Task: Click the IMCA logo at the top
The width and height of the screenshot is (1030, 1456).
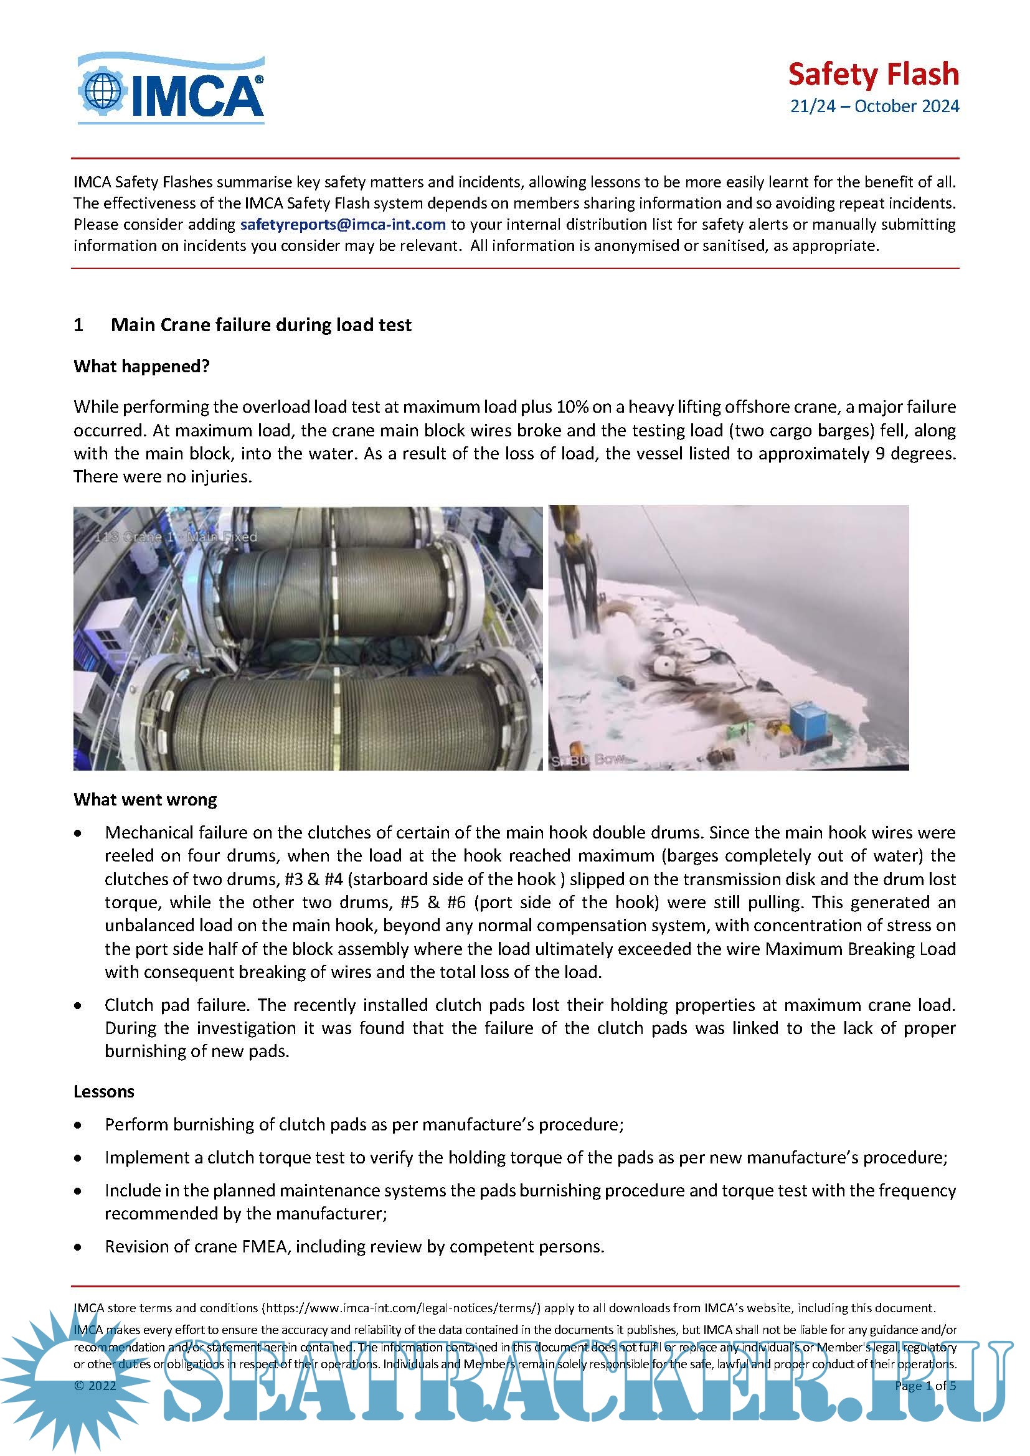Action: click(x=171, y=89)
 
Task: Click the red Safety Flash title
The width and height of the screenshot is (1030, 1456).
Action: click(x=872, y=74)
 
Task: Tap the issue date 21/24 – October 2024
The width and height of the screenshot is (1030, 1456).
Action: click(x=874, y=106)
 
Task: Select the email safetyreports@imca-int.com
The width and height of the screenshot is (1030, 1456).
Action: click(x=343, y=225)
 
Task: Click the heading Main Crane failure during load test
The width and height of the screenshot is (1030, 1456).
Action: click(x=261, y=325)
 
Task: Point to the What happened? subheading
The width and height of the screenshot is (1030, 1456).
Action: click(x=141, y=367)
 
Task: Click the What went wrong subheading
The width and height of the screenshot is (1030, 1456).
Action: click(x=145, y=799)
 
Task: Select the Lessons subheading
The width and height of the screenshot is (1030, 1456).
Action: click(x=104, y=1091)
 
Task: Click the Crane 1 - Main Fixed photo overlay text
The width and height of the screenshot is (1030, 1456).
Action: click(x=176, y=537)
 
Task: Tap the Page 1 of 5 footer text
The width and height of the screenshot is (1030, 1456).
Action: click(x=925, y=1386)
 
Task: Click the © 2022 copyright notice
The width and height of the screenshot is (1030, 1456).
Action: click(x=95, y=1386)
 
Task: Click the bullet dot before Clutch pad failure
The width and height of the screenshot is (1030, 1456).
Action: click(x=78, y=1006)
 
